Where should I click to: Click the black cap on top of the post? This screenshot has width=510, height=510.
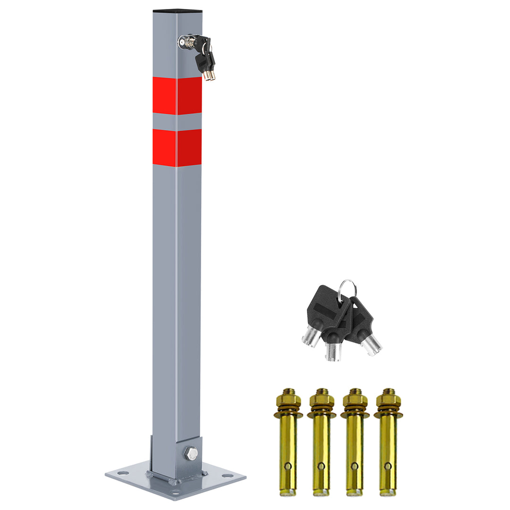click(178, 10)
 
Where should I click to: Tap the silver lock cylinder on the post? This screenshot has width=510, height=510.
click(184, 42)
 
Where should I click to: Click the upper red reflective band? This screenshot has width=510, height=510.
click(177, 96)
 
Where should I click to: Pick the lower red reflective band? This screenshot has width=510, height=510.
click(177, 148)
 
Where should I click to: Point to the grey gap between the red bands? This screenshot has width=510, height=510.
click(177, 122)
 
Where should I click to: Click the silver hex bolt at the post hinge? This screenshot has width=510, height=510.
click(192, 454)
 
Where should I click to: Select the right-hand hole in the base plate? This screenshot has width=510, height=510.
click(228, 476)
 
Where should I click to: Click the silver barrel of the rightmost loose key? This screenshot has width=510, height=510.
click(371, 345)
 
